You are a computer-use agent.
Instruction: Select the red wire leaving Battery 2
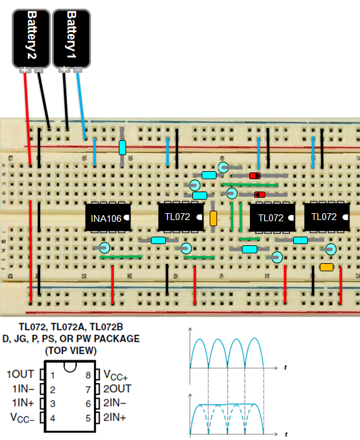click(28, 117)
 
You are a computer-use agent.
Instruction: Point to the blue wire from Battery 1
click(82, 105)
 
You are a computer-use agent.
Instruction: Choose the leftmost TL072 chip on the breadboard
click(181, 217)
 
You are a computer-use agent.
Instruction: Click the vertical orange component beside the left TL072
click(213, 218)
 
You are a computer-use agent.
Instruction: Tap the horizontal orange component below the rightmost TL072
click(327, 267)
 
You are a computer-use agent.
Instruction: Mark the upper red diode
click(254, 176)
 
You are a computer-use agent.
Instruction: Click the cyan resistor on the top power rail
click(122, 147)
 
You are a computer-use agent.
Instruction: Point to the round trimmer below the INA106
click(105, 248)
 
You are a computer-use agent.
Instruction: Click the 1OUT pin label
click(20, 374)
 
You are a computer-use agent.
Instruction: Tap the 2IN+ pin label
click(114, 417)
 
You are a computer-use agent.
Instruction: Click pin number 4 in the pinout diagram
click(53, 417)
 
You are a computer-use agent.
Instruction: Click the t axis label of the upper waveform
click(285, 368)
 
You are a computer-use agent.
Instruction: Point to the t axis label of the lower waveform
click(285, 433)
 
